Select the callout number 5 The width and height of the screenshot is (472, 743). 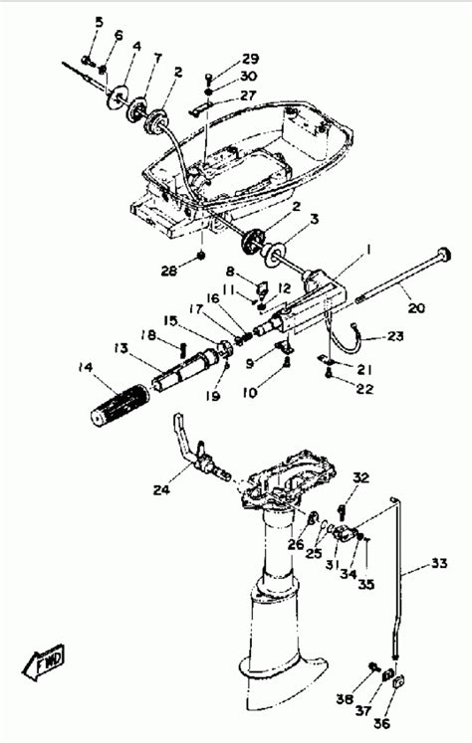coord(98,21)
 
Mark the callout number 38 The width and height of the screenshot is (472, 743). coord(344,699)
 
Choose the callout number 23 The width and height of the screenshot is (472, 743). coord(396,336)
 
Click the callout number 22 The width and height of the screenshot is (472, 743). coord(364,388)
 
